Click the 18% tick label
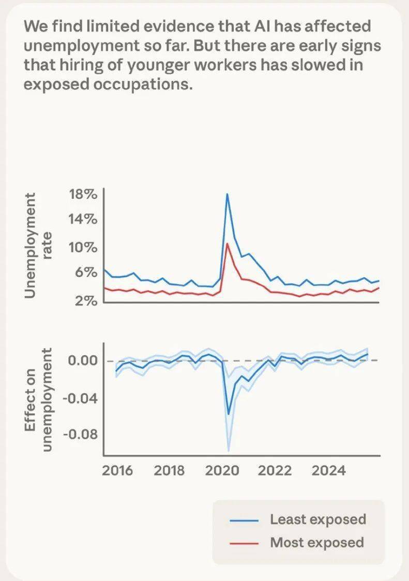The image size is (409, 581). [x=83, y=195]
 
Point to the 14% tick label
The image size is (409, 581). [x=83, y=219]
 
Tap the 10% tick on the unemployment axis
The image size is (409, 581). [x=83, y=247]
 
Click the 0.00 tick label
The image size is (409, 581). [x=83, y=361]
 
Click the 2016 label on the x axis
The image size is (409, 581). [x=117, y=471]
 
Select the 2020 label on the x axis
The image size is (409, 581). [x=223, y=471]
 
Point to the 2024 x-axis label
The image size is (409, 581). [x=329, y=471]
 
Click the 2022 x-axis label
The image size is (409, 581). [x=275, y=471]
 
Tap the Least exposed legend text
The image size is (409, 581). [x=317, y=519]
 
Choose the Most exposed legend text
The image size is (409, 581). [x=316, y=542]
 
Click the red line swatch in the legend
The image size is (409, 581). [x=243, y=543]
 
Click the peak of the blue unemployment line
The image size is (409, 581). [x=227, y=194]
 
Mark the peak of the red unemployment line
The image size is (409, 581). [x=228, y=243]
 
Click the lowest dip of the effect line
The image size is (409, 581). [x=229, y=414]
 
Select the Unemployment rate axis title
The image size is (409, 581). [x=38, y=246]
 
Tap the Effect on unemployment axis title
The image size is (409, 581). [x=38, y=399]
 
